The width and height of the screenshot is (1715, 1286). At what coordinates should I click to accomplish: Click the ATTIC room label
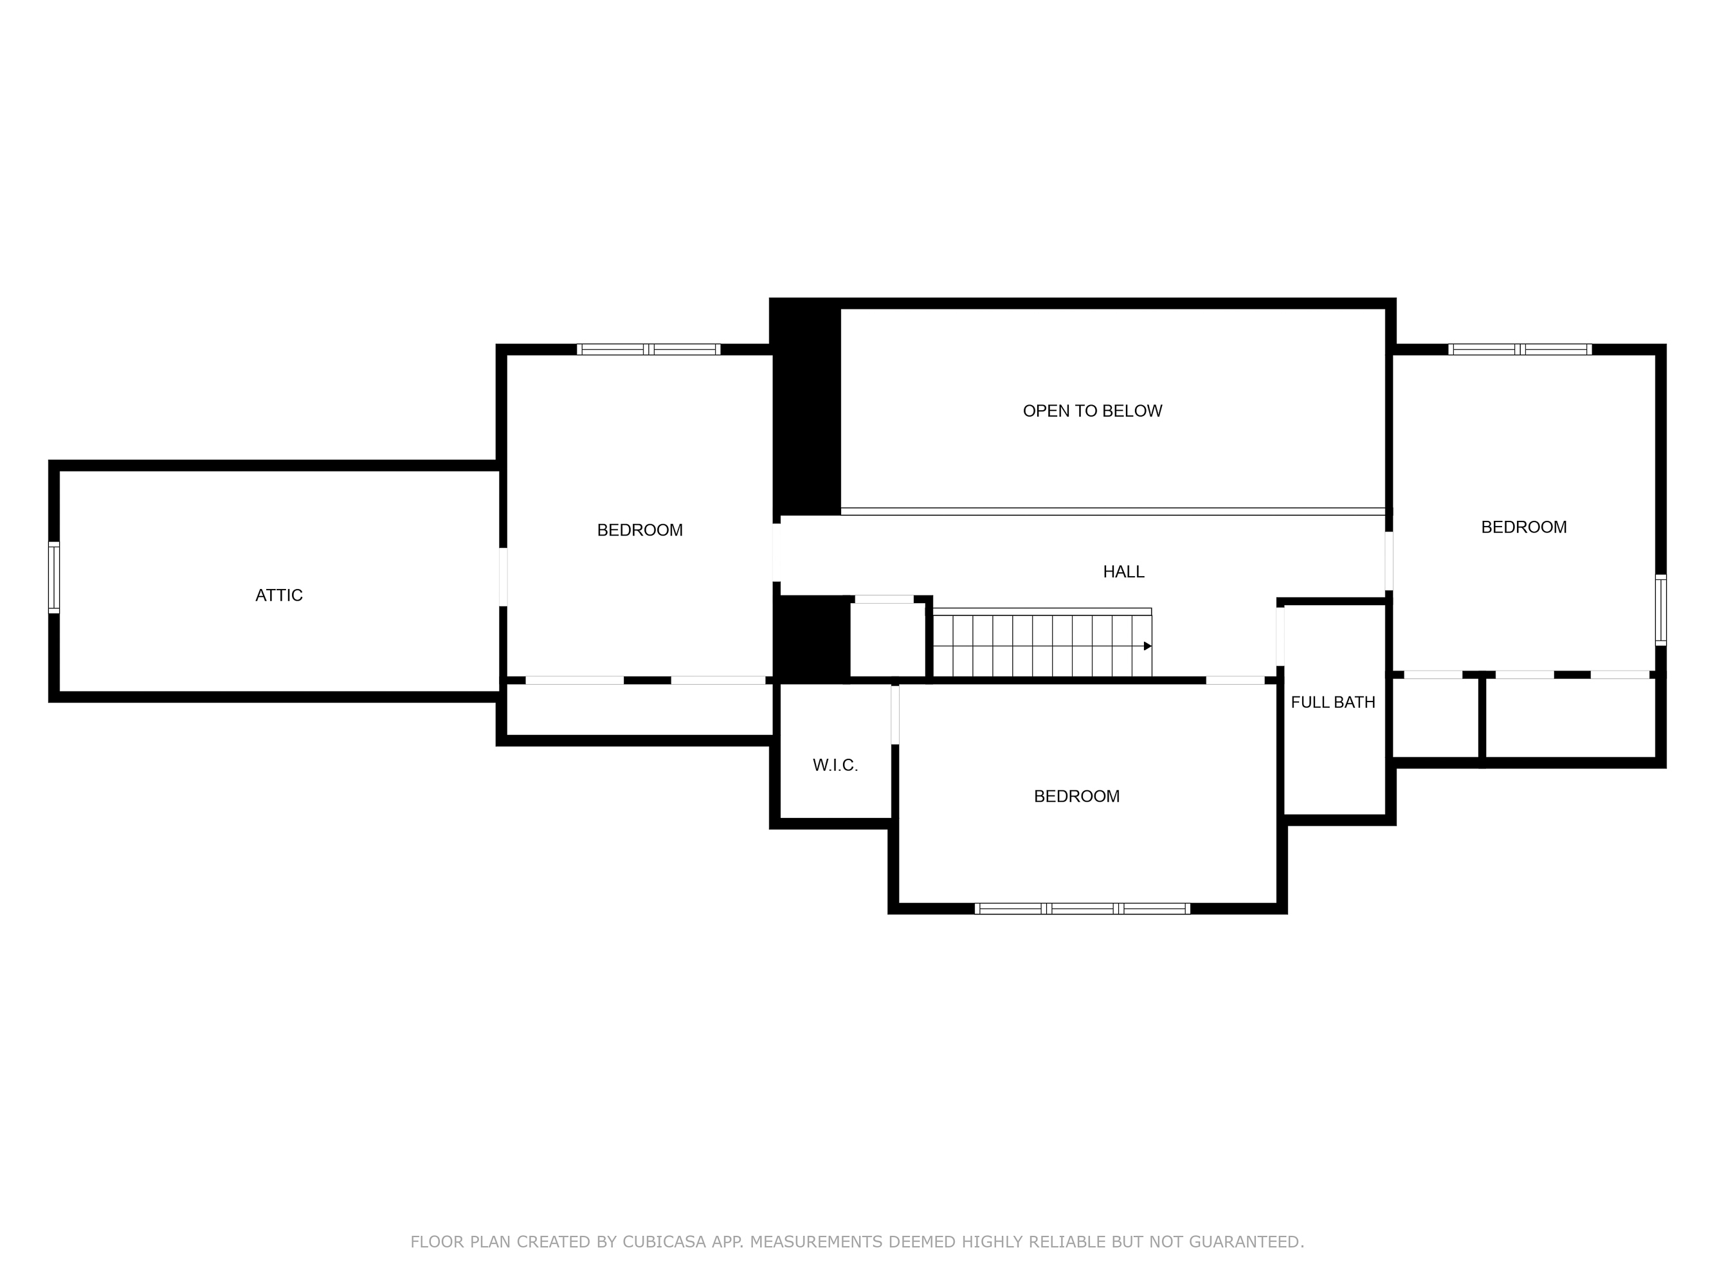click(279, 595)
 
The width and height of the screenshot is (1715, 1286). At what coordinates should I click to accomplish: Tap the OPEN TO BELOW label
click(1092, 411)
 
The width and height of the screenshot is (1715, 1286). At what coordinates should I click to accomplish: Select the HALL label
click(1123, 571)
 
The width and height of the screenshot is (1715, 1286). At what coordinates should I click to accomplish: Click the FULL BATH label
click(1333, 702)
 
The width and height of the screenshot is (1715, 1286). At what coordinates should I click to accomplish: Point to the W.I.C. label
click(835, 765)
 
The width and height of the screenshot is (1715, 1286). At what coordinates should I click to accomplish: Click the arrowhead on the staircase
click(1147, 646)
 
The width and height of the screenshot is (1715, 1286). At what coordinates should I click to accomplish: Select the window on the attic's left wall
click(53, 577)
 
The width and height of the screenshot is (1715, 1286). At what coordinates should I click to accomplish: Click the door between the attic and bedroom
click(503, 577)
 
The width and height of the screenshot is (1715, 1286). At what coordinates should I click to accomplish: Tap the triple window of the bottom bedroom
click(1082, 909)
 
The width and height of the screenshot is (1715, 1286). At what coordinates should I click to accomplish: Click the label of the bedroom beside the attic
click(640, 530)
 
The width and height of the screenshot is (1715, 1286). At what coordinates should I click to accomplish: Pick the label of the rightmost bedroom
click(1523, 527)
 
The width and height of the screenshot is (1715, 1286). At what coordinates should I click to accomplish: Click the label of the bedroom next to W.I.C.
click(1076, 796)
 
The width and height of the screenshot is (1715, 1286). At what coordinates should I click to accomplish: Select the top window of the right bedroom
click(1520, 350)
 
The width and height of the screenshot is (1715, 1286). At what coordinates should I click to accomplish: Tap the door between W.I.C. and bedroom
click(894, 715)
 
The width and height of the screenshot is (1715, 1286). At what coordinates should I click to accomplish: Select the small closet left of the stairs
click(888, 640)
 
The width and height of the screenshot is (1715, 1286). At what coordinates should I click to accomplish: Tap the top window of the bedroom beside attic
click(648, 350)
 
